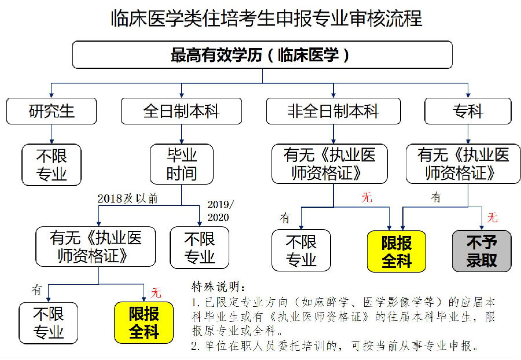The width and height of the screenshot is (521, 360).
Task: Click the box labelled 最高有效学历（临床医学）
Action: [x=262, y=55]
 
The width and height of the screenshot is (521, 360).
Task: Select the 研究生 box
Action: [x=52, y=111]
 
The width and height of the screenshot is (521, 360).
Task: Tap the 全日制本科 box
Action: [x=181, y=111]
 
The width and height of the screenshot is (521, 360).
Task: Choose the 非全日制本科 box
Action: [x=333, y=111]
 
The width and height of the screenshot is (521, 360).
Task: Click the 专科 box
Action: [x=468, y=111]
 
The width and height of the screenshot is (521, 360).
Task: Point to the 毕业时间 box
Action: [x=182, y=164]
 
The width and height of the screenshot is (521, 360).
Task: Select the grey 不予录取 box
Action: [x=482, y=251]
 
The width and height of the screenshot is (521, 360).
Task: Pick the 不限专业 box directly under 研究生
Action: [x=52, y=164]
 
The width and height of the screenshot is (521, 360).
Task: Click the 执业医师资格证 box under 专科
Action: [x=468, y=164]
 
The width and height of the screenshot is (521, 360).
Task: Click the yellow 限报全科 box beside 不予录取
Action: [x=397, y=251]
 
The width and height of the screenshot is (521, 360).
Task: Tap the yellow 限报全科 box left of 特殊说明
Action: [x=144, y=322]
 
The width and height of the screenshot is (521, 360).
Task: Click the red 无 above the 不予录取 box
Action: [x=492, y=218]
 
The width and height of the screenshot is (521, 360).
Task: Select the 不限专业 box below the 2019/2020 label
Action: [x=200, y=247]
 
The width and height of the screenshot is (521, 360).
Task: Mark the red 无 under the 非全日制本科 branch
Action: [x=367, y=197]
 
